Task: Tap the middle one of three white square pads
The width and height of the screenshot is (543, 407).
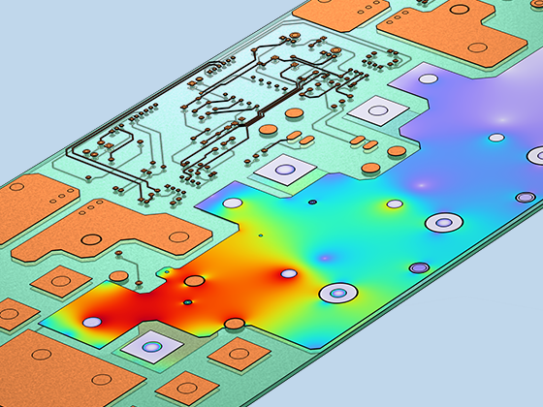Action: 285,172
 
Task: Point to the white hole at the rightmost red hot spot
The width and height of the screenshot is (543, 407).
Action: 287,274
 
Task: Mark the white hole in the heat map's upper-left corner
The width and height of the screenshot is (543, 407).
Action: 234,203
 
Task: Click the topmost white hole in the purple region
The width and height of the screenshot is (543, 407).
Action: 496,138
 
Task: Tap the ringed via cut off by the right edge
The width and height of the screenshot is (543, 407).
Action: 536,155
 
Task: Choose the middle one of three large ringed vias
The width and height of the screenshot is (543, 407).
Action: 440,223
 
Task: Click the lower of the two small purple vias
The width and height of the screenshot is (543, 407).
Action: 418,266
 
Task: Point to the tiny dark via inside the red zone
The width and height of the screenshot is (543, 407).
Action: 187,302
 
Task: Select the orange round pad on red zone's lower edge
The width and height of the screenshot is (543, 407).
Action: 234,323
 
